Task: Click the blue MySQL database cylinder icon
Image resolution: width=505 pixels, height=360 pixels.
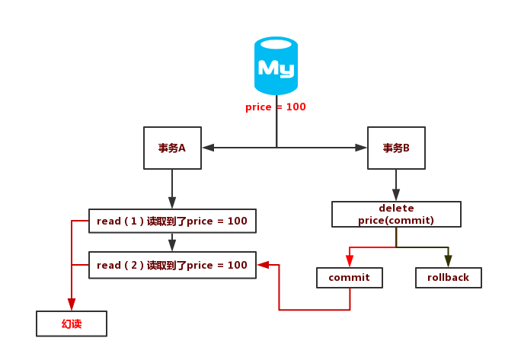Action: (276, 67)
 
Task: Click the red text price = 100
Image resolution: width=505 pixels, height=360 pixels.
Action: (276, 107)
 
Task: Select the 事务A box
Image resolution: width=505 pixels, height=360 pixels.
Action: (172, 148)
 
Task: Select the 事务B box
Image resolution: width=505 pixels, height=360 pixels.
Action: (395, 148)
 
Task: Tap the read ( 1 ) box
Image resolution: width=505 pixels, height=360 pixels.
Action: (172, 221)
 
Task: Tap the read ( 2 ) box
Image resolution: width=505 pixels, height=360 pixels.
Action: (172, 265)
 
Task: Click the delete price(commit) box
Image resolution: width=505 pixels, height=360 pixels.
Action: (396, 214)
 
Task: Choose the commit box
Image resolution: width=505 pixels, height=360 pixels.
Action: (349, 278)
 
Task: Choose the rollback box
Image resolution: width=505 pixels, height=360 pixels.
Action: (449, 278)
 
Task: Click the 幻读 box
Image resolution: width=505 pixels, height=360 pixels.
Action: (72, 324)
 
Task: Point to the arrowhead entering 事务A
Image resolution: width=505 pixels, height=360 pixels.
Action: (208, 148)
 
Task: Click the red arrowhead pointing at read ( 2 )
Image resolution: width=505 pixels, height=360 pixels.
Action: (264, 265)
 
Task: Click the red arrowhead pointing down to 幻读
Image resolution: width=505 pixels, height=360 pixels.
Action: (72, 305)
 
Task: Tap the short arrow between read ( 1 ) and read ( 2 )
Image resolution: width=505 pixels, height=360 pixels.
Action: (172, 242)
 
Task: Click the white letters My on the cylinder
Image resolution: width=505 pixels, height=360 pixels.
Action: (276, 68)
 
